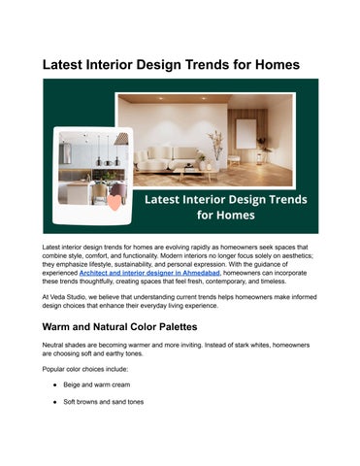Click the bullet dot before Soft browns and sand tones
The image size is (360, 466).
[54, 401]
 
